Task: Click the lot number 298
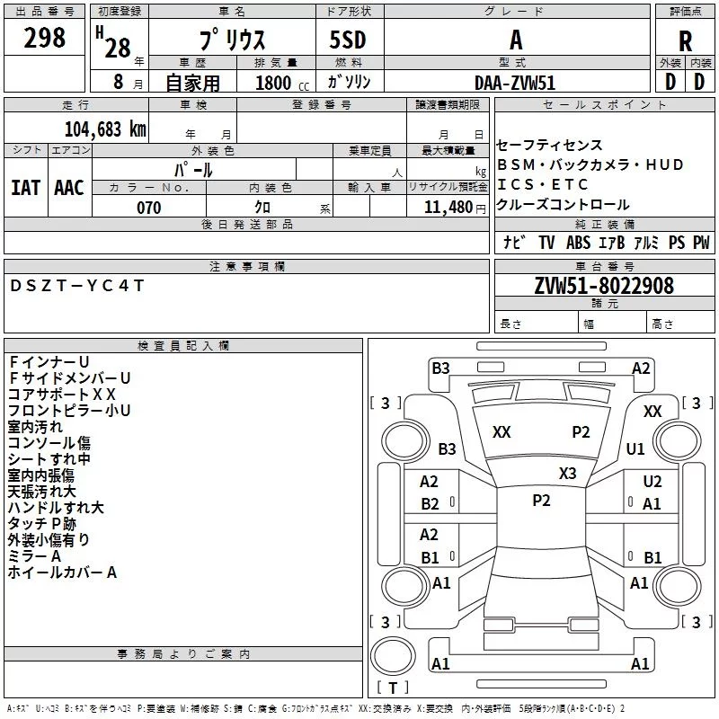click(x=44, y=38)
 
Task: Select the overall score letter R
click(x=685, y=41)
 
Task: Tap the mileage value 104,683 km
click(x=105, y=129)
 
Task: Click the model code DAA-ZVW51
click(x=515, y=83)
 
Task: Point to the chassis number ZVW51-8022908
click(x=604, y=286)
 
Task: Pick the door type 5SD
click(x=348, y=40)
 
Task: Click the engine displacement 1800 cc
click(x=282, y=83)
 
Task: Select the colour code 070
click(x=149, y=208)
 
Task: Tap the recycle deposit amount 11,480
click(x=448, y=208)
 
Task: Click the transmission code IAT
click(x=26, y=188)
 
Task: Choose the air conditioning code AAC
click(x=69, y=188)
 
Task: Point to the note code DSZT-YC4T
click(x=76, y=286)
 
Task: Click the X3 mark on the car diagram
click(x=567, y=474)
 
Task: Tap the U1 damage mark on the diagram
click(x=635, y=448)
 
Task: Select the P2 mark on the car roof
click(x=541, y=501)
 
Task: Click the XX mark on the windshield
click(x=502, y=432)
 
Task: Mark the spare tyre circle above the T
click(x=393, y=655)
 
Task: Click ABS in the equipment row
click(x=578, y=243)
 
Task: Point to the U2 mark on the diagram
click(x=652, y=482)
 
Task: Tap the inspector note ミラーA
click(x=34, y=556)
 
